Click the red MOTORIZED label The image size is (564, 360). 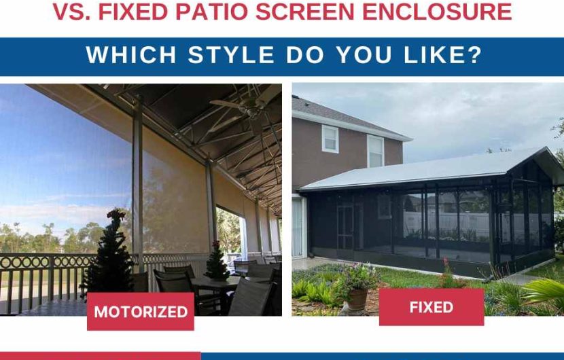[x=140, y=312]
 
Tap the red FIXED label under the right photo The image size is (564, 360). [x=431, y=307]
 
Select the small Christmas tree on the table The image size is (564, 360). [x=217, y=262]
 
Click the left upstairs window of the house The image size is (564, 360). [x=330, y=139]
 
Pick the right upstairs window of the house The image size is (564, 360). [x=376, y=149]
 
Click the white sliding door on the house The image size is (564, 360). [x=298, y=228]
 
